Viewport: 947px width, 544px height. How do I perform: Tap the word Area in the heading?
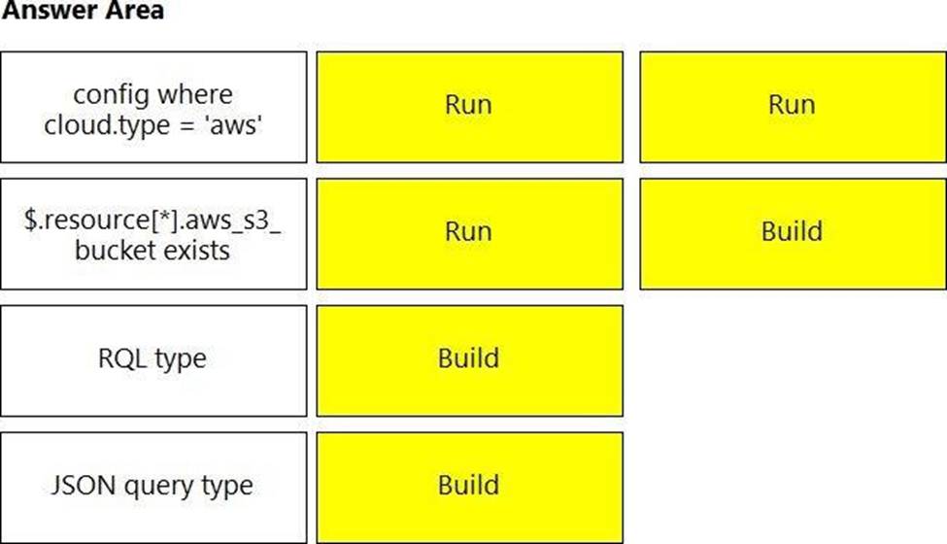(133, 10)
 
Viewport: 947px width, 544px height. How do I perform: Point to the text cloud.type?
(107, 125)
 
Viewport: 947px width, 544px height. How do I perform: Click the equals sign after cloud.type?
(188, 126)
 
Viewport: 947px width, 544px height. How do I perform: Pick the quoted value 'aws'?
(234, 125)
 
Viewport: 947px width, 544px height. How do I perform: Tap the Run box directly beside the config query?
(470, 107)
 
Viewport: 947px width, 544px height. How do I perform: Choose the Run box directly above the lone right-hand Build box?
(793, 107)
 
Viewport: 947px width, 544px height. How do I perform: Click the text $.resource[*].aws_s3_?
(152, 220)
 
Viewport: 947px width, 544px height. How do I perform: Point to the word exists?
(194, 250)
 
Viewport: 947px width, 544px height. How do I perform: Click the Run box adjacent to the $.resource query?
(470, 234)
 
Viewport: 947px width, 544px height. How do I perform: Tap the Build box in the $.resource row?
(793, 234)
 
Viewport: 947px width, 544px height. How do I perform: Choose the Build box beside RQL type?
(470, 361)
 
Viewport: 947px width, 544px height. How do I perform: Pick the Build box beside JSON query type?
(470, 488)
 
